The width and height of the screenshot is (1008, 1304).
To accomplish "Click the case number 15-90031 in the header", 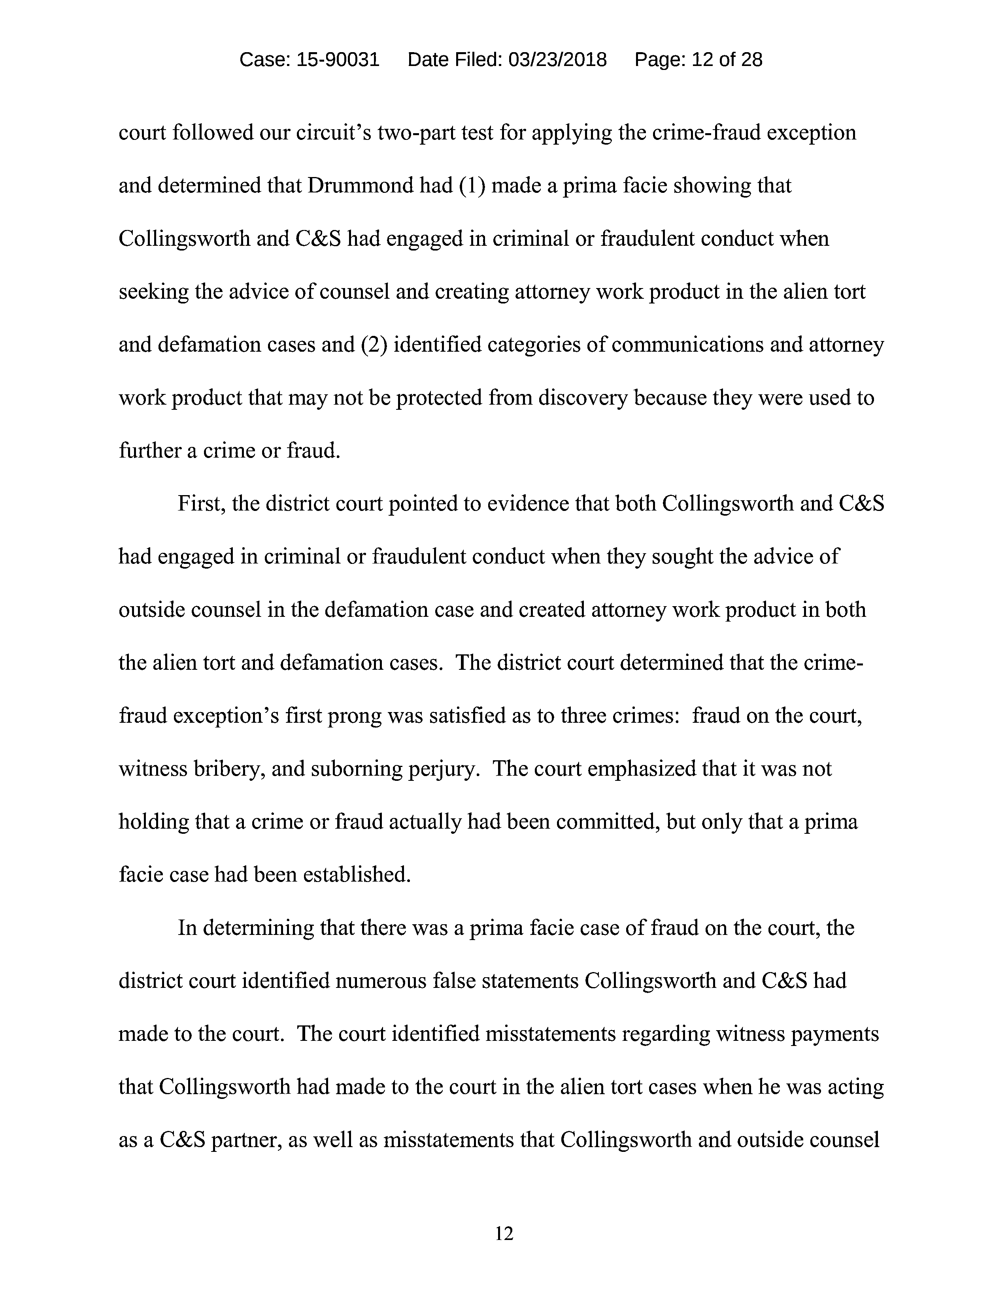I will coord(338,60).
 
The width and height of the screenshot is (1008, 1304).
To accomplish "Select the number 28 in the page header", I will coord(751,60).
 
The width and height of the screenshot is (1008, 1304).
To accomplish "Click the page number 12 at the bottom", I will coord(504,1233).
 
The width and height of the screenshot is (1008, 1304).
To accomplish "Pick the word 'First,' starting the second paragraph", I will coord(201,504).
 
